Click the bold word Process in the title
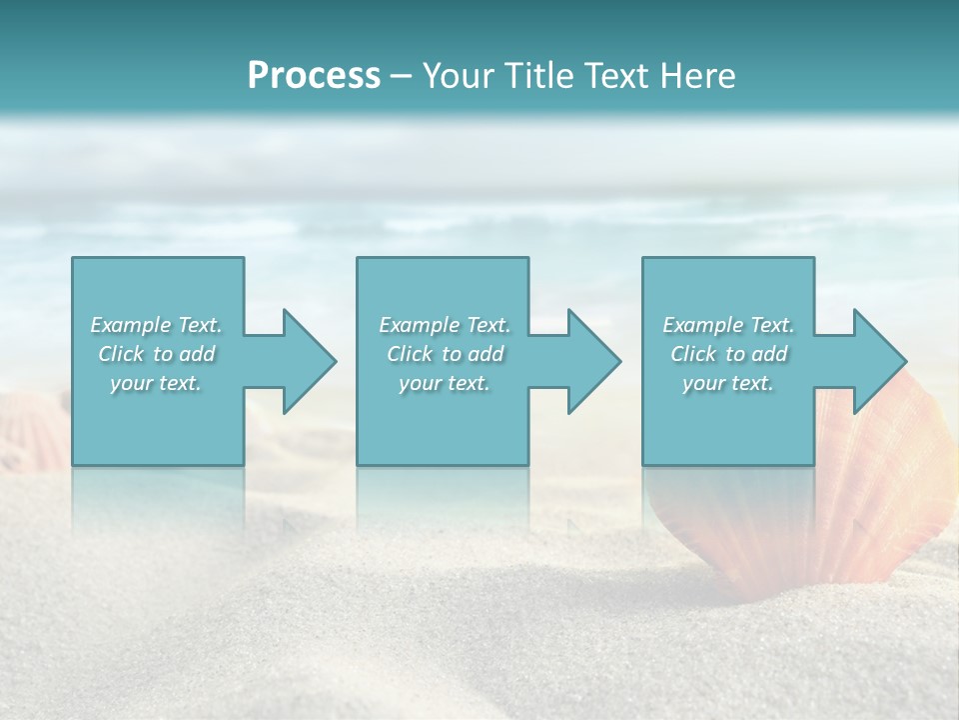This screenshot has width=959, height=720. (314, 76)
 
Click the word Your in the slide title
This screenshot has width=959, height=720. (459, 76)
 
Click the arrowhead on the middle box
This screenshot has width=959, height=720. (592, 361)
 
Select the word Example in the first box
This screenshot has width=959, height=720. (130, 325)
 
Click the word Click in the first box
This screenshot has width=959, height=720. (121, 354)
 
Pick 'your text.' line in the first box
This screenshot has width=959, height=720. (155, 383)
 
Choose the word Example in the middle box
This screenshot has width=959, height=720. (419, 325)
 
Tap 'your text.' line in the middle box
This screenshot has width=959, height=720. (444, 383)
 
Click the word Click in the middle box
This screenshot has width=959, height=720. (410, 354)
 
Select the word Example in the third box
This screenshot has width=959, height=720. (702, 325)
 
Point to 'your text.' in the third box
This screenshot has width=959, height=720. (727, 383)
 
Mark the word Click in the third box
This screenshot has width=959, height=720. (693, 354)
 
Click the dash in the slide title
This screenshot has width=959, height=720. (401, 76)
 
